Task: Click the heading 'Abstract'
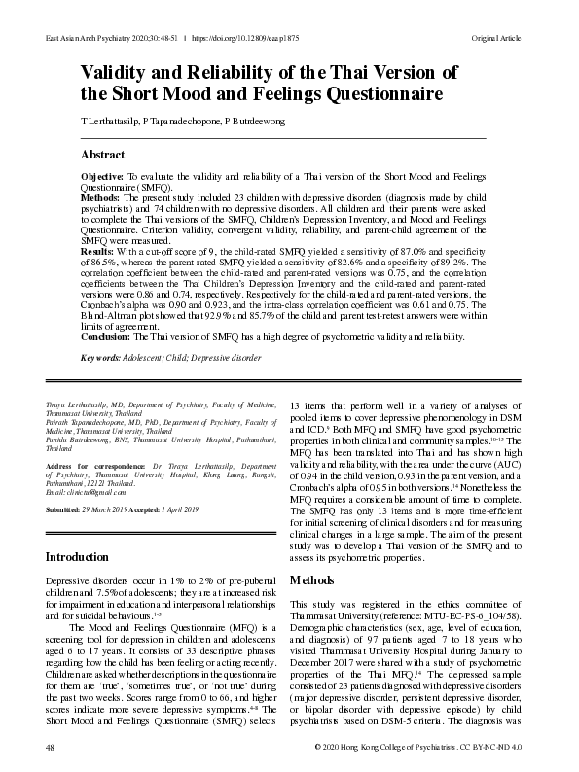click(102, 155)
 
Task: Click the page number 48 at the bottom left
click(50, 747)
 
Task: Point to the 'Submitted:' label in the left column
click(67, 510)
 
